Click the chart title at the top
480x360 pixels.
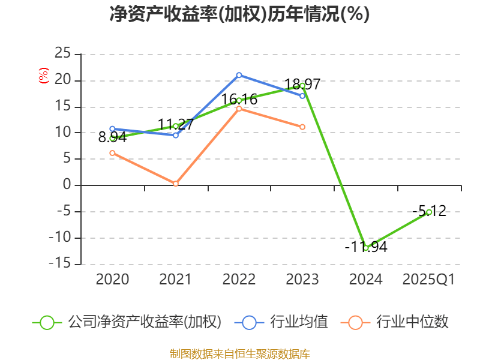point(239,14)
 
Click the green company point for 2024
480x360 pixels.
point(366,248)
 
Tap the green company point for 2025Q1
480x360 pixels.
point(429,212)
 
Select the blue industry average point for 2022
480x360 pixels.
point(239,75)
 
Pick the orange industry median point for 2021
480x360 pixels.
point(176,184)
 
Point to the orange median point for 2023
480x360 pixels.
point(302,127)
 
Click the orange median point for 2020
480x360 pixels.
point(112,153)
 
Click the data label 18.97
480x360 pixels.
point(302,85)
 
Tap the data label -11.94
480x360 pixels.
point(366,247)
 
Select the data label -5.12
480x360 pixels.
point(429,211)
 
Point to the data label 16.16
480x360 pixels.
point(239,99)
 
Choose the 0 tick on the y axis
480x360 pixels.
point(67,185)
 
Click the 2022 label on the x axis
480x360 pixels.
point(239,280)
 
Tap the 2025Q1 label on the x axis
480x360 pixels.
point(429,280)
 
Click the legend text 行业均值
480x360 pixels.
point(298,322)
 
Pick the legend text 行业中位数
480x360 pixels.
point(412,322)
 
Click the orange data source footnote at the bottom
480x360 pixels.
point(239,353)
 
